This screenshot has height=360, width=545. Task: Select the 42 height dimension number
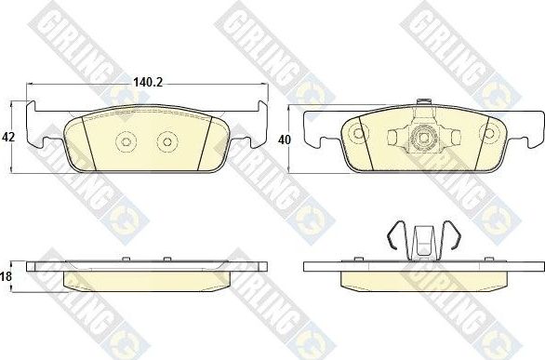[9, 137]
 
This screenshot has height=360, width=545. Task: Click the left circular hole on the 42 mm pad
[126, 141]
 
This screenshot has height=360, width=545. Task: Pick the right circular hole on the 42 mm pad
[166, 141]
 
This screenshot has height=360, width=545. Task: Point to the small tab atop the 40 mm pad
[423, 103]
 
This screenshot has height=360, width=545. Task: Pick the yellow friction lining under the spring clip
[423, 279]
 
